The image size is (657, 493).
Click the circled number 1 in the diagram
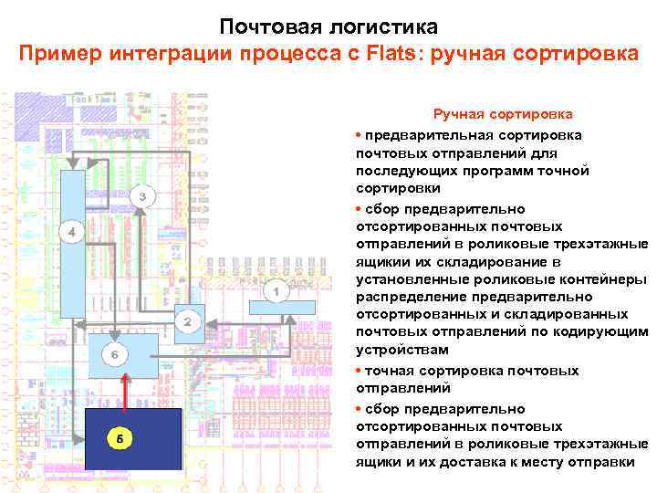click(276, 290)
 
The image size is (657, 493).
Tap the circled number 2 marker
click(187, 321)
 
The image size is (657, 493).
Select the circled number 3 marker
click(142, 196)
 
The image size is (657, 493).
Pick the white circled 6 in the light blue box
click(115, 352)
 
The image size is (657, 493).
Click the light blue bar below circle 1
click(282, 307)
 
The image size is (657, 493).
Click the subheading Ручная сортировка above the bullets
click(503, 114)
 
